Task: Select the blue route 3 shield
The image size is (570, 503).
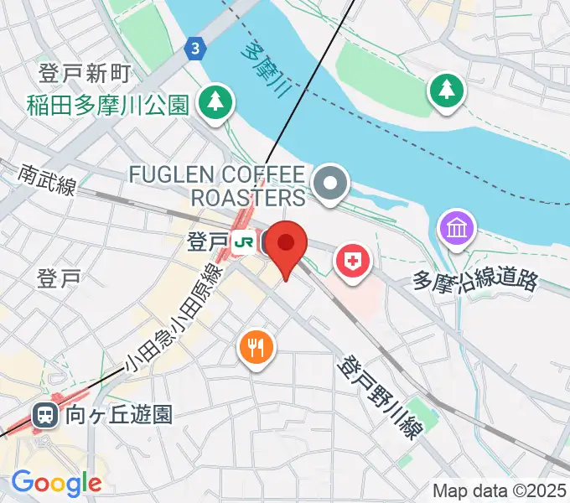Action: (195, 49)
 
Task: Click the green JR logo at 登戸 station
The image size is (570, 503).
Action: (245, 243)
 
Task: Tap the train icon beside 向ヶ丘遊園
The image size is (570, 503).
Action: (44, 413)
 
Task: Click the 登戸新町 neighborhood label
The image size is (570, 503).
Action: (84, 74)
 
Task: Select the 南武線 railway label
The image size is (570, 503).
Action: (48, 179)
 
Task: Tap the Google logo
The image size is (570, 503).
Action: (56, 483)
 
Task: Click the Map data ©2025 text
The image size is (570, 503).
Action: (500, 490)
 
